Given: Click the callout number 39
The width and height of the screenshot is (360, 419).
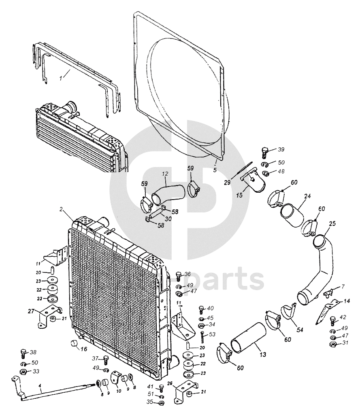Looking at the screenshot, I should pos(281,149).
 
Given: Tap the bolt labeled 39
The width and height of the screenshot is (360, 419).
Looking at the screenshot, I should pos(265,152).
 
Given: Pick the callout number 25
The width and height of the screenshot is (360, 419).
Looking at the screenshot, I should pos(332,224).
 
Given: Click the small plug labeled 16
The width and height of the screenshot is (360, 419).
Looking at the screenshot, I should pos(74,344).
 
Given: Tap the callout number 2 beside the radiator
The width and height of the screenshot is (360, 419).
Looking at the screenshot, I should pos(61,209).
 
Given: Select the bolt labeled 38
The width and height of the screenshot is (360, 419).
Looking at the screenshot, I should pos(23,354).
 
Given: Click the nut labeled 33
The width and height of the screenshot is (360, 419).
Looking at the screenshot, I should pos(23,372).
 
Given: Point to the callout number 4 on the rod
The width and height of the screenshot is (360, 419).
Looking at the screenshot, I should pos(40,387).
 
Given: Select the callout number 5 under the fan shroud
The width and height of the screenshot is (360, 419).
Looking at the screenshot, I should pos(215,170).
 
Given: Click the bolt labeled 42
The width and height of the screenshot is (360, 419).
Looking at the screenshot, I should pos(333,320).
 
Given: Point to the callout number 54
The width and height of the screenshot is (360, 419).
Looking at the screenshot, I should pos(300,330).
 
